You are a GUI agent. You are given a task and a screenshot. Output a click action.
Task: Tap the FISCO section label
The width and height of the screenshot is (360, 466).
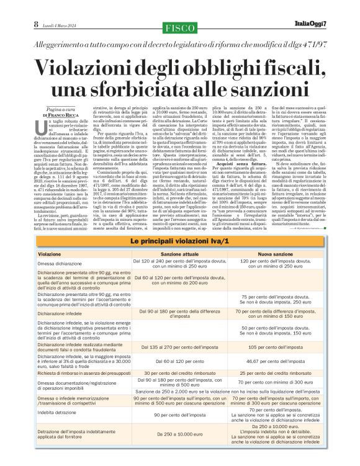[x=180, y=28]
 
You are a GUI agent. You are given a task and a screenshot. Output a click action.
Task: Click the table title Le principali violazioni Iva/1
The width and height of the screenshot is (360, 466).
[x=179, y=240]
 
